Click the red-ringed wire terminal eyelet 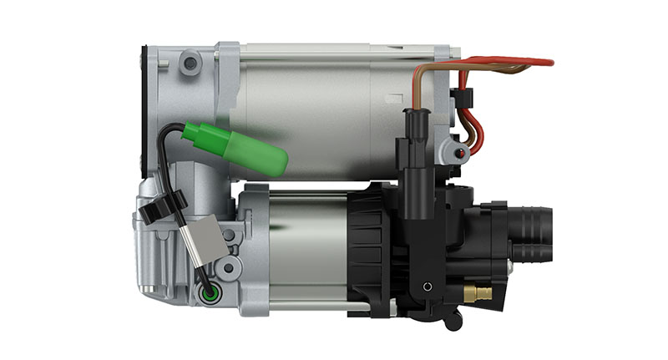[x=460, y=154]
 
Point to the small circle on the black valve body [x=428, y=286]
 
